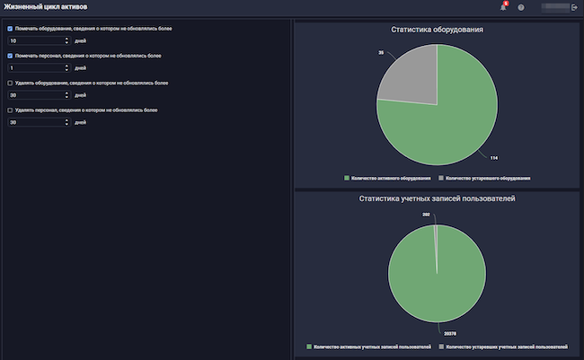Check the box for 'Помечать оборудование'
tap(10, 29)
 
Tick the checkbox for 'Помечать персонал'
tap(10, 56)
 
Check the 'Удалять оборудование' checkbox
tap(10, 83)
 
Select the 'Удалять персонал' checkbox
tap(10, 110)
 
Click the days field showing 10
tap(36, 40)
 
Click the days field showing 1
tap(36, 67)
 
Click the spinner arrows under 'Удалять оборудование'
tap(67, 94)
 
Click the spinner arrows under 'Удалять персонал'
tap(67, 122)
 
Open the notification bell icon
tap(503, 7)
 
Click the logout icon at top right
tap(575, 7)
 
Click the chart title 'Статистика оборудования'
tap(437, 30)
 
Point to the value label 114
tap(493, 158)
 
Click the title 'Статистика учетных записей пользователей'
tap(437, 198)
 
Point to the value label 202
tap(426, 215)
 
